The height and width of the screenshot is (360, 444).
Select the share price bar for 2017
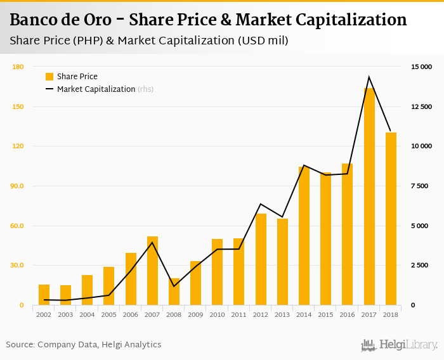(369, 196)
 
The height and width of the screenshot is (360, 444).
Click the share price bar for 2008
(174, 292)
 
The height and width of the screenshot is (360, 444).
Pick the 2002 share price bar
(44, 295)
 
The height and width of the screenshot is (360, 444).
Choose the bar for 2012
(261, 259)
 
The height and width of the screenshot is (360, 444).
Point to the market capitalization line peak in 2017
(369, 77)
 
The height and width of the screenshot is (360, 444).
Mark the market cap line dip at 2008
(174, 286)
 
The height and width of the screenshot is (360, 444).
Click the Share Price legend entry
(77, 77)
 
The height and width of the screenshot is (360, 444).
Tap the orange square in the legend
(49, 77)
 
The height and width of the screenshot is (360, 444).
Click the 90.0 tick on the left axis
(17, 186)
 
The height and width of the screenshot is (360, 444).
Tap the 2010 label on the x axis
(218, 314)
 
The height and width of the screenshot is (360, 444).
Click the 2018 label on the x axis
(391, 314)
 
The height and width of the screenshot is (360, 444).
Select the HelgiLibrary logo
(399, 345)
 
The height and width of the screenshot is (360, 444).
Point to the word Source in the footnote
(20, 345)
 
